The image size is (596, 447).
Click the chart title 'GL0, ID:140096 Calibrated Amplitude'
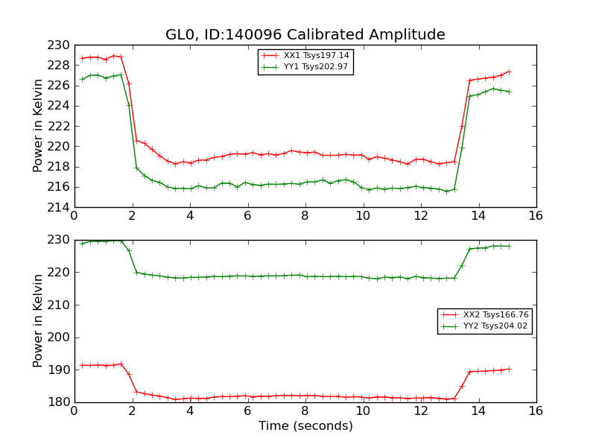tap(305, 35)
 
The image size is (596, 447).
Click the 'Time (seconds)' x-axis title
tap(305, 426)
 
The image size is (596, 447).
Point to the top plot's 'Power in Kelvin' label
tap(39, 126)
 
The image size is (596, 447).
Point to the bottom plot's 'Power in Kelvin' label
tap(39, 321)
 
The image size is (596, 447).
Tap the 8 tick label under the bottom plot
tap(305, 411)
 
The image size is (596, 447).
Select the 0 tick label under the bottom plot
tap(74, 411)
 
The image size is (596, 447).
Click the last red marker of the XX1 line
tap(510, 72)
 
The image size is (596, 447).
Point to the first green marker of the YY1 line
tap(83, 79)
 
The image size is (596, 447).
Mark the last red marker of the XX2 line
tap(510, 368)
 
